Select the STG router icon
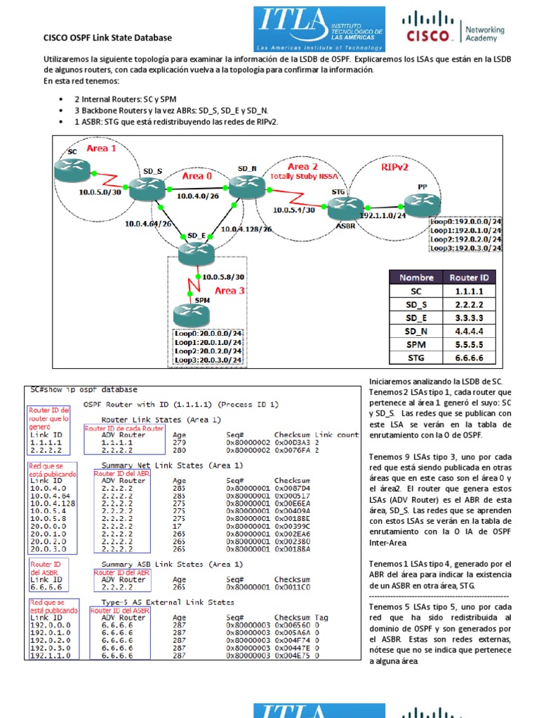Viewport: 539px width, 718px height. [338, 205]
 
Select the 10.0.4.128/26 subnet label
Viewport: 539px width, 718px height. [246, 229]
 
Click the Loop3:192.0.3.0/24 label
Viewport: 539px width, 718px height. [466, 248]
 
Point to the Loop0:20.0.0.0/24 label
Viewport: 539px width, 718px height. [208, 333]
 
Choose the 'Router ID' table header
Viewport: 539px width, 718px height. [478, 277]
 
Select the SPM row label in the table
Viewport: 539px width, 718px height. [417, 344]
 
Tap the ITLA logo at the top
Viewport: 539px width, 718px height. [319, 29]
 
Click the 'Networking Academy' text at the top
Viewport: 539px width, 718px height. [484, 34]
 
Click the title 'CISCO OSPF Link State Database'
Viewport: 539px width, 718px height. [107, 37]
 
